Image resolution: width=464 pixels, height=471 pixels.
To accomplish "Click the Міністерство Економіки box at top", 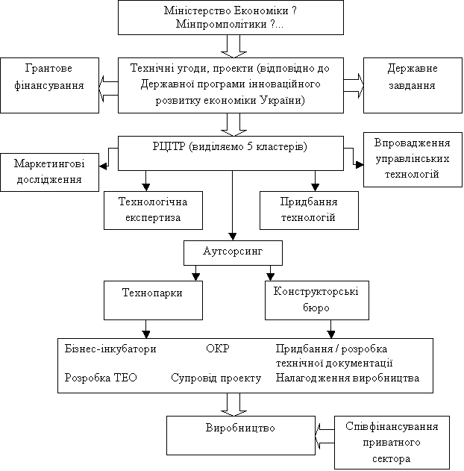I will click(x=231, y=17).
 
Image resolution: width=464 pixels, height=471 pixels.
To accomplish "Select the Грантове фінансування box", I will click(x=49, y=85).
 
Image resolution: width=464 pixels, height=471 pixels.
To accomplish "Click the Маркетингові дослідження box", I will click(x=49, y=172).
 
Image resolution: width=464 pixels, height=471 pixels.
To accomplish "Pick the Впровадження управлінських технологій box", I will click(x=413, y=159).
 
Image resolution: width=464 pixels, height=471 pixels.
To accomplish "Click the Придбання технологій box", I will click(x=309, y=210).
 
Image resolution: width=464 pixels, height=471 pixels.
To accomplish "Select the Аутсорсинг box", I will click(x=233, y=252).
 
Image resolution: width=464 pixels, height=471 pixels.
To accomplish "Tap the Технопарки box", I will click(x=153, y=293).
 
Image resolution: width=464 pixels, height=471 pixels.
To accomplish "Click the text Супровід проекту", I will click(x=216, y=378).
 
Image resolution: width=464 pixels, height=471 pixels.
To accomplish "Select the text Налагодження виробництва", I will click(x=348, y=378).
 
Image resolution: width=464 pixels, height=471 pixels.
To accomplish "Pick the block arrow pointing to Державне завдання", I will click(x=353, y=83).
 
